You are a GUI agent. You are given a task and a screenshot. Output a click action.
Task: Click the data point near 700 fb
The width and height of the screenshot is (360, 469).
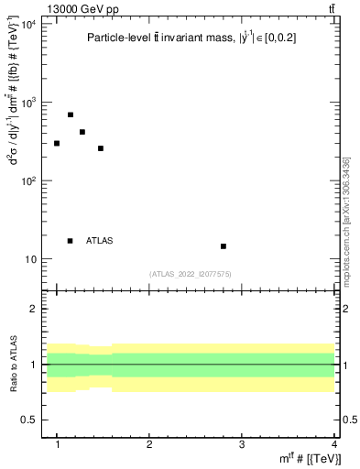click(71, 115)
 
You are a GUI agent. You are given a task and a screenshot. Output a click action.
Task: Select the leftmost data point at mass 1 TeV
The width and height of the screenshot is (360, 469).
click(57, 143)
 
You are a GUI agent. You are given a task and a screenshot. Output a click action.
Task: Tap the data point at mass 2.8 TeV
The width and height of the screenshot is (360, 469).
click(223, 245)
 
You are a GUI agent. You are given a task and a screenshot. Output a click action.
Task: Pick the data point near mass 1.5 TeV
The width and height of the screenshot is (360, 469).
click(101, 147)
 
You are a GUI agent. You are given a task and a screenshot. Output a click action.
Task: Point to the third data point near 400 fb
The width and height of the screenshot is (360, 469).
click(82, 132)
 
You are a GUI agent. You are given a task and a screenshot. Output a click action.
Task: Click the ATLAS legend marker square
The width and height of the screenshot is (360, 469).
click(71, 241)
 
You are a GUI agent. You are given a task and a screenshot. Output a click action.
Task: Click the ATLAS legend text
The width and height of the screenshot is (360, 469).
click(100, 241)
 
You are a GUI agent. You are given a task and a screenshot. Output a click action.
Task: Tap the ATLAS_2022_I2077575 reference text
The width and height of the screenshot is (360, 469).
click(191, 274)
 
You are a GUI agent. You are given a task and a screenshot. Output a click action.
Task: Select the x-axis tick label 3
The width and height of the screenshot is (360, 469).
click(241, 443)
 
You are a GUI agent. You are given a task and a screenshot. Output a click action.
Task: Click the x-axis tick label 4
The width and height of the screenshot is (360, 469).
click(333, 443)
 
